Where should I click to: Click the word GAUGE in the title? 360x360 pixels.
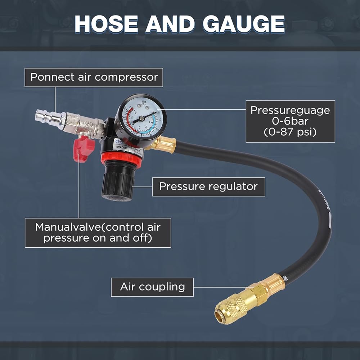pos(243,24)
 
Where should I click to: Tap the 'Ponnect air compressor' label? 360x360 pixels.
pos(94,77)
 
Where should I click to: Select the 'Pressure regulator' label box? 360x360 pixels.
pos(208,186)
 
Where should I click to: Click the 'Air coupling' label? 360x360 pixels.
pos(152,287)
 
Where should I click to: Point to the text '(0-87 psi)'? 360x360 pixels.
pos(290,132)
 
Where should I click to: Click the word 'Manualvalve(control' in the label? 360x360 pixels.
pos(98,228)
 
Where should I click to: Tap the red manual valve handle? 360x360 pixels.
pos(83,148)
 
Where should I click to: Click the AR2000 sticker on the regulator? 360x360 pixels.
pos(121,147)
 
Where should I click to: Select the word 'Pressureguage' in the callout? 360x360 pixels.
pos(290,110)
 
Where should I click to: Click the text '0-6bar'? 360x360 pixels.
pos(290,121)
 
